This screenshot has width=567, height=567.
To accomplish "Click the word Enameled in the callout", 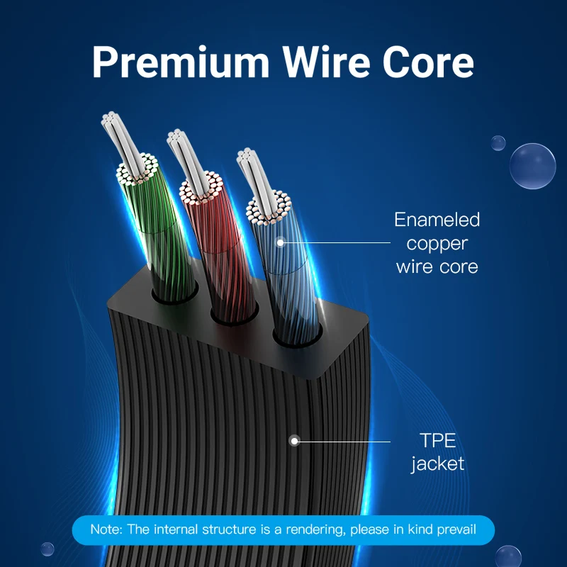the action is (437, 220).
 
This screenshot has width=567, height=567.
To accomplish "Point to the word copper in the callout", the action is (437, 243).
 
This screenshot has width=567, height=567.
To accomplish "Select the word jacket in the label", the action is (438, 464).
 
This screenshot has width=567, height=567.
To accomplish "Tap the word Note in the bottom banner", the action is (104, 529).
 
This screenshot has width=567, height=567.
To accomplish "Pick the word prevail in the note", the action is (455, 529).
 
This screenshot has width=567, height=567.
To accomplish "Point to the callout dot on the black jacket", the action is (295, 441).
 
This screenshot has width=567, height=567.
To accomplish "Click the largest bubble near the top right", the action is (532, 166).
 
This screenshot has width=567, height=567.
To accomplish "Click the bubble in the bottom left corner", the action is (47, 549).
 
